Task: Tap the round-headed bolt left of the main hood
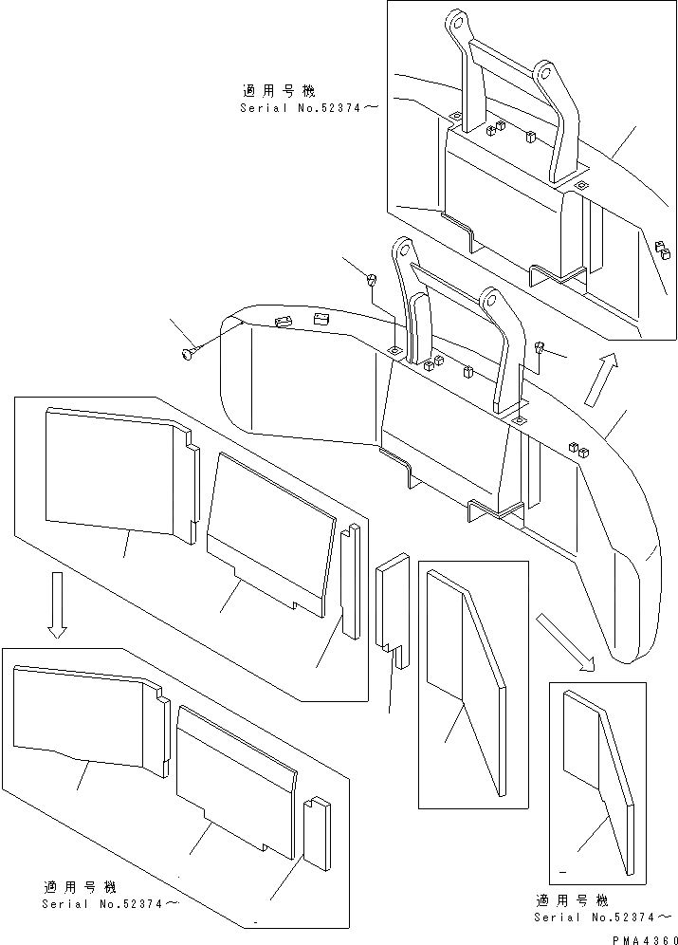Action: (x=186, y=354)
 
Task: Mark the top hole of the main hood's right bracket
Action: (x=490, y=301)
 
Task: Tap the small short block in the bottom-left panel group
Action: (x=316, y=831)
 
